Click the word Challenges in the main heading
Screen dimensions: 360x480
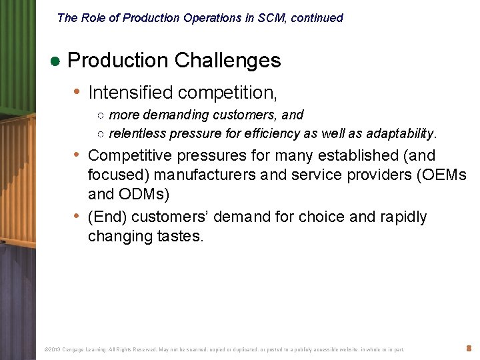coord(227,61)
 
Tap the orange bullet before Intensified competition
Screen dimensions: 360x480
coord(78,91)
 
